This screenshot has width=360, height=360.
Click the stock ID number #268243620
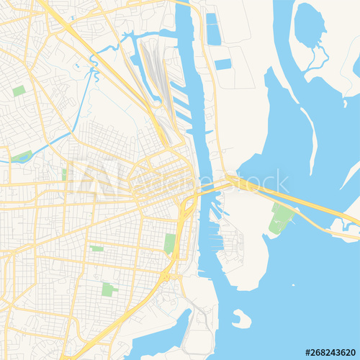332,353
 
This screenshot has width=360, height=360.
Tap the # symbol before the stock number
308,353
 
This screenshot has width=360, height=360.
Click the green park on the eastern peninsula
280,217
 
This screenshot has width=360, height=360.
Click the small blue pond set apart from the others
223,64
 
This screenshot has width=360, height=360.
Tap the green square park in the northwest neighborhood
19,91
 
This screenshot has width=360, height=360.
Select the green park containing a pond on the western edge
20,156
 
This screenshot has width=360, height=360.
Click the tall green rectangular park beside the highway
170,243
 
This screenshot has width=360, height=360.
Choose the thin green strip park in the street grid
96,248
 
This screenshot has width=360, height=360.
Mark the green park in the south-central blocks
109,289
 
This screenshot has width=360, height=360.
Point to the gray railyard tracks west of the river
155,72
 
